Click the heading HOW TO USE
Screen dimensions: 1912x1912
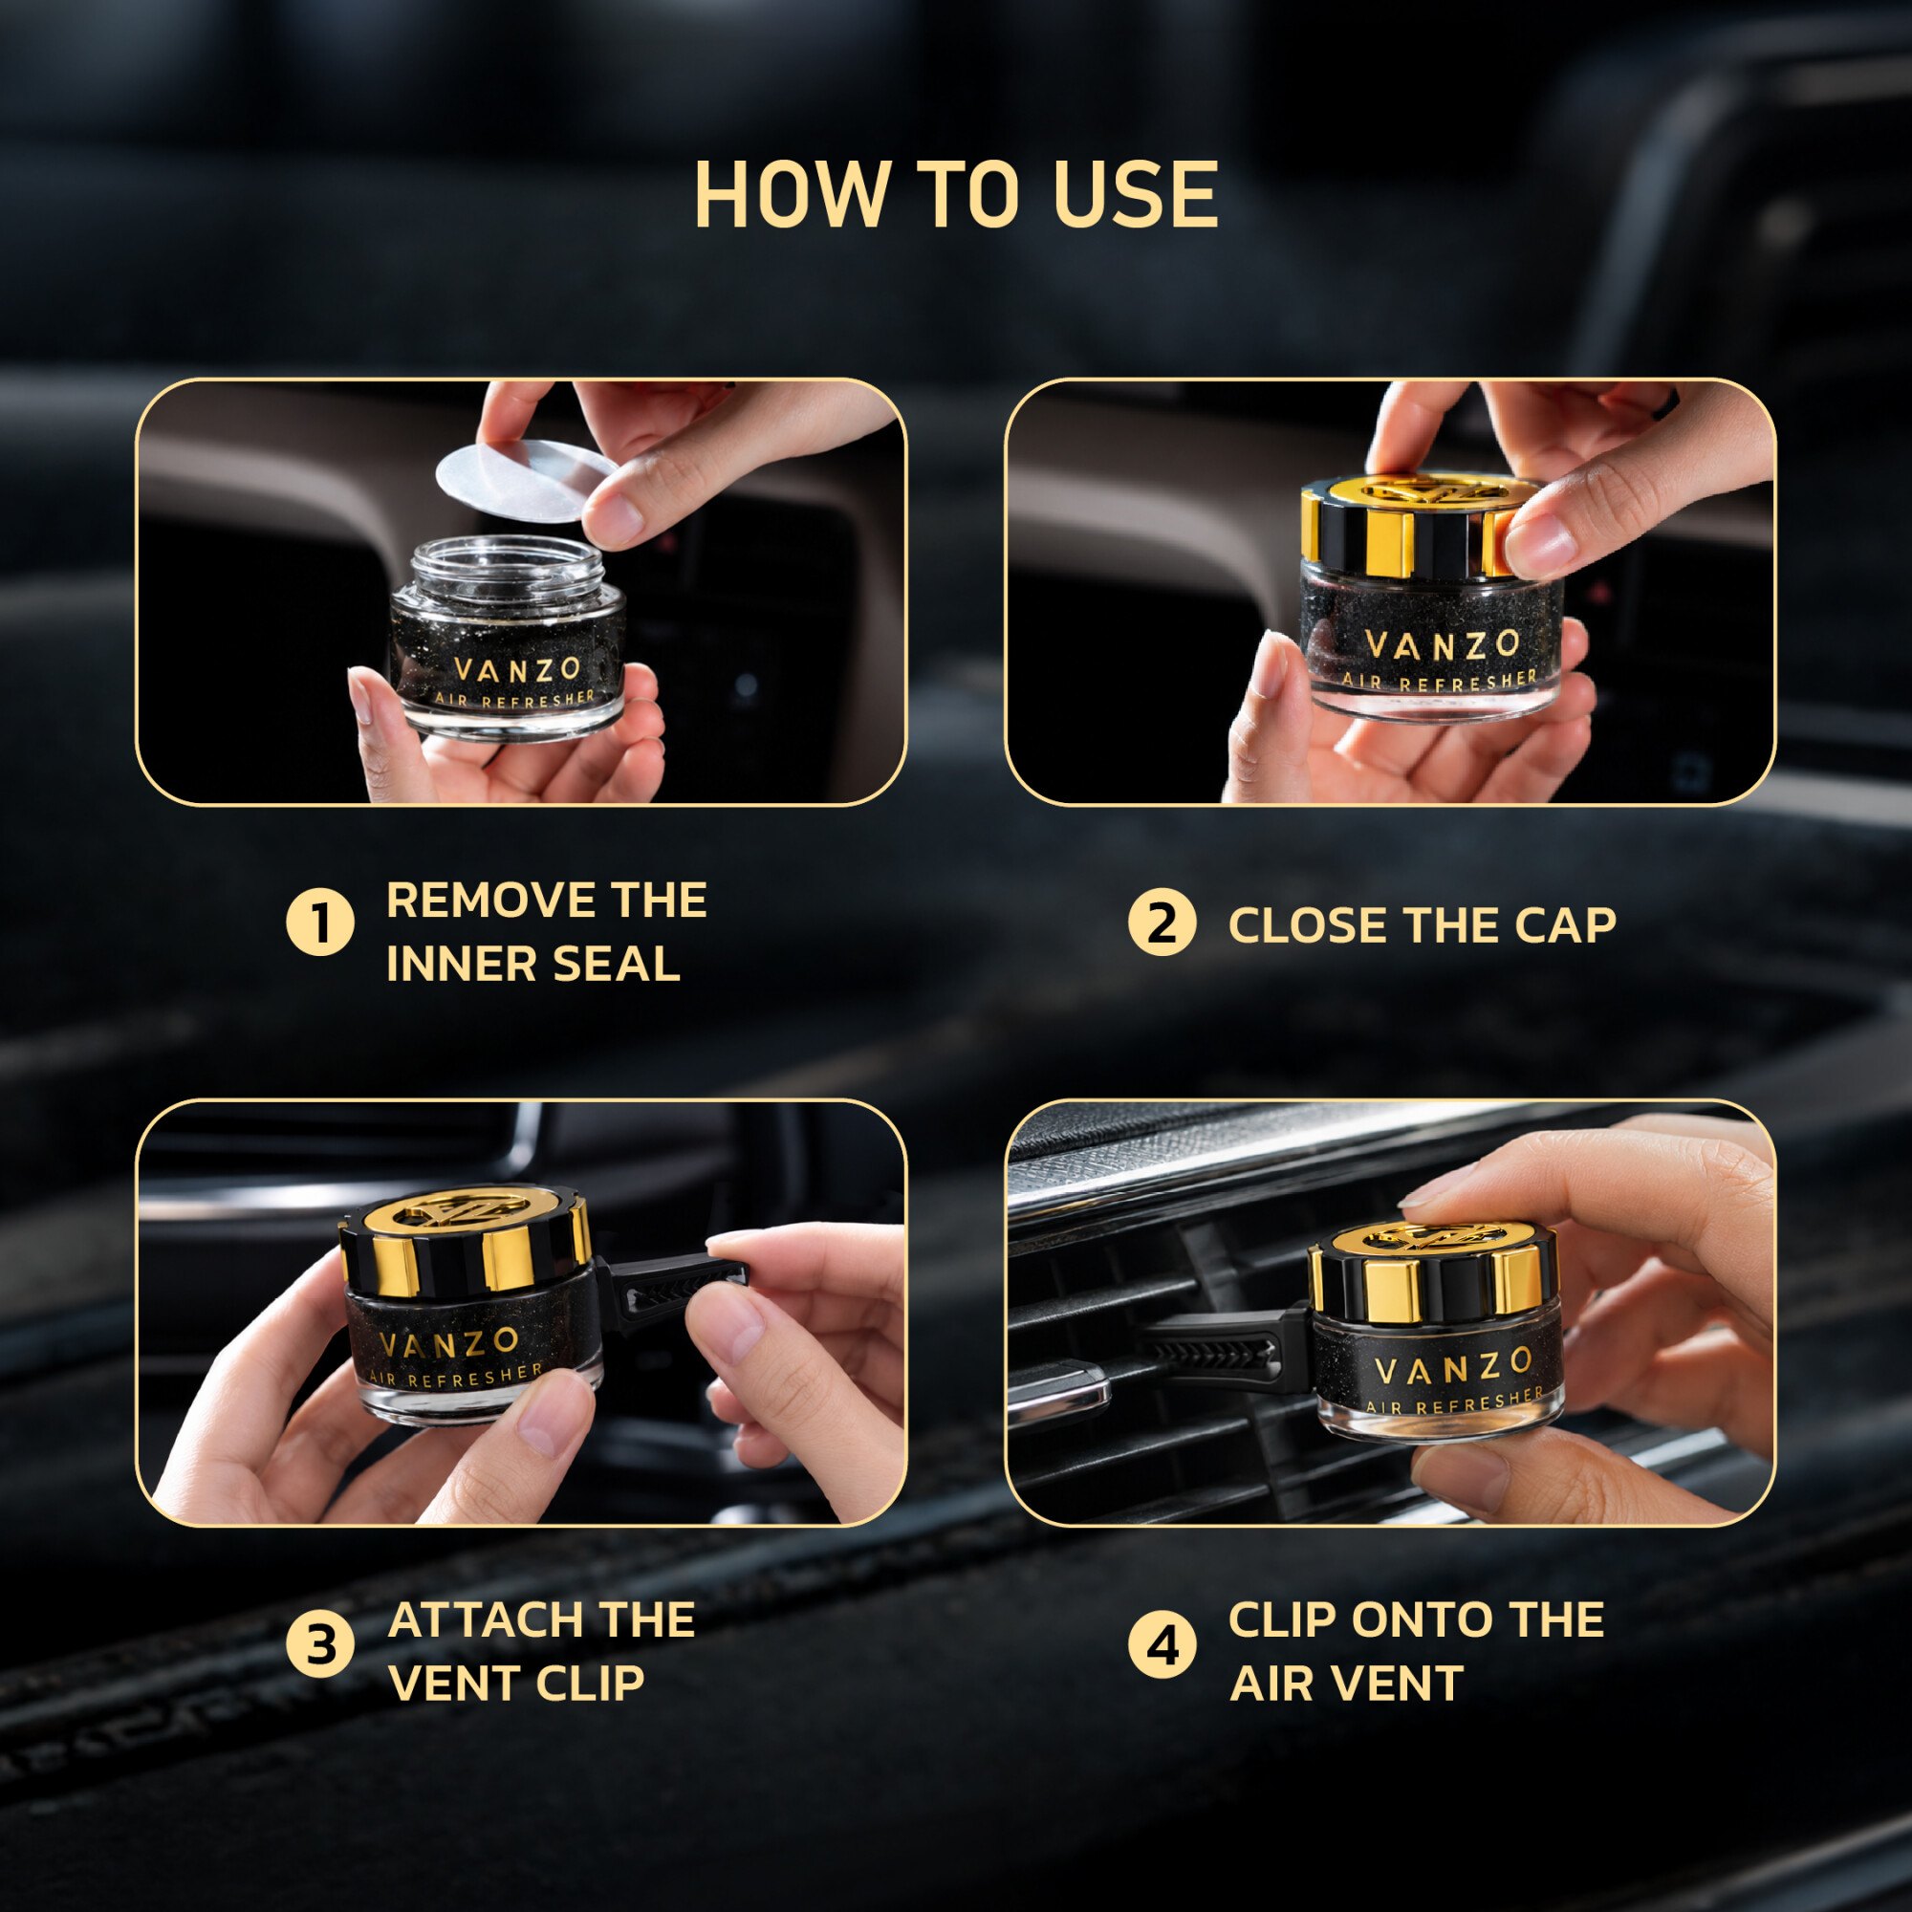point(956,194)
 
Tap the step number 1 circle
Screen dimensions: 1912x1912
point(319,923)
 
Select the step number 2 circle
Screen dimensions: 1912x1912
point(1162,923)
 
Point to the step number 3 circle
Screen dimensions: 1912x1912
point(319,1646)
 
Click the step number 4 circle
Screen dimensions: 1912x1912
point(1162,1646)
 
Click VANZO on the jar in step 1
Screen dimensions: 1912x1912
point(516,670)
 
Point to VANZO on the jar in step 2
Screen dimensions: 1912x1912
point(1442,645)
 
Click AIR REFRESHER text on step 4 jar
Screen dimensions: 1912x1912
point(1455,1401)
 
